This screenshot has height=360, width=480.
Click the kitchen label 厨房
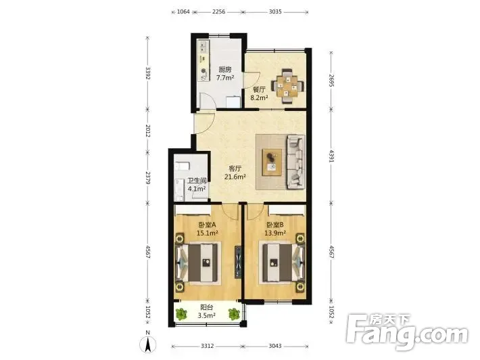[225, 70]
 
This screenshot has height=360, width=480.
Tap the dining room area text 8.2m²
[260, 97]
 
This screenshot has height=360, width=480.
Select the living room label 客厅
[235, 168]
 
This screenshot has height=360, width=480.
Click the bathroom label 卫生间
[197, 181]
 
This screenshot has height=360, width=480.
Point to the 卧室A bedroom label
[208, 225]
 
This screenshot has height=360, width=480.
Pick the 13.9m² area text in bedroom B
[275, 233]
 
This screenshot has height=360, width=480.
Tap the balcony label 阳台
[207, 307]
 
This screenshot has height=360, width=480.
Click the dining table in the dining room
[288, 86]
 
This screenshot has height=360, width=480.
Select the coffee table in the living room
[272, 162]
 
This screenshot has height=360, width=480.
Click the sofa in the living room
[295, 162]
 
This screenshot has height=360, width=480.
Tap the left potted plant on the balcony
[181, 314]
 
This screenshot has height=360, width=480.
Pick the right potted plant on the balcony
[234, 314]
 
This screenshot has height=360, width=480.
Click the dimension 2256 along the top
[218, 12]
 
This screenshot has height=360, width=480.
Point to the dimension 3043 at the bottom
[275, 346]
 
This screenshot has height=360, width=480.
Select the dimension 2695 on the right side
[331, 81]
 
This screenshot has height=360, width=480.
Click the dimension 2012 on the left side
[148, 131]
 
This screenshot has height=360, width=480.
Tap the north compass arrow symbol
[148, 344]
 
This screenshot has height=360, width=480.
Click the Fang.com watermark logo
[407, 331]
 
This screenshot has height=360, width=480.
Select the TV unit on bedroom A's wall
[238, 263]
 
